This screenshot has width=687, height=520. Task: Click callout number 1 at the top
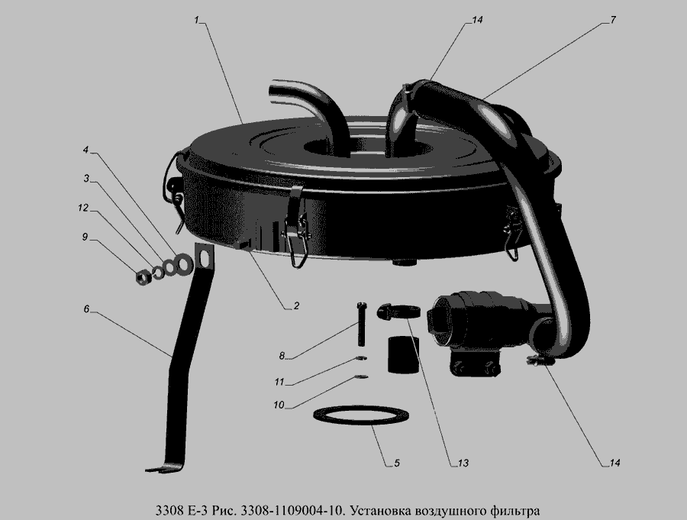coord(197,20)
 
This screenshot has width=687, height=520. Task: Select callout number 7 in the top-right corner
coord(612,20)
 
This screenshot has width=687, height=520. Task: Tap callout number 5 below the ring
coord(396,463)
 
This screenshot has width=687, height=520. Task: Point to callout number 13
coord(463,463)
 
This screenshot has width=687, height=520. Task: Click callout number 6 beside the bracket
coord(86,308)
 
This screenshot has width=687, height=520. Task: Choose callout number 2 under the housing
coord(296,305)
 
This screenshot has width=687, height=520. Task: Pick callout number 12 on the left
coord(83,208)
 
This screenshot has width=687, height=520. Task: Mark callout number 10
coord(279,405)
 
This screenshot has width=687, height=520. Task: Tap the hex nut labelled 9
coord(143,277)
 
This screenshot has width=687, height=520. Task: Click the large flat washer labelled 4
coord(184,263)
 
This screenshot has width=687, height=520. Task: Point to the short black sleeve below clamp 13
coord(403,356)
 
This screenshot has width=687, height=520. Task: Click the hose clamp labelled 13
coord(398,312)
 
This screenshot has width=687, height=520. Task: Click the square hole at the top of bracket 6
coord(204,257)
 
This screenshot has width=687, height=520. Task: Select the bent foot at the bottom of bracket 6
coord(163,468)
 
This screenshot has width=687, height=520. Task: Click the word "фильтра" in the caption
coord(514,511)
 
